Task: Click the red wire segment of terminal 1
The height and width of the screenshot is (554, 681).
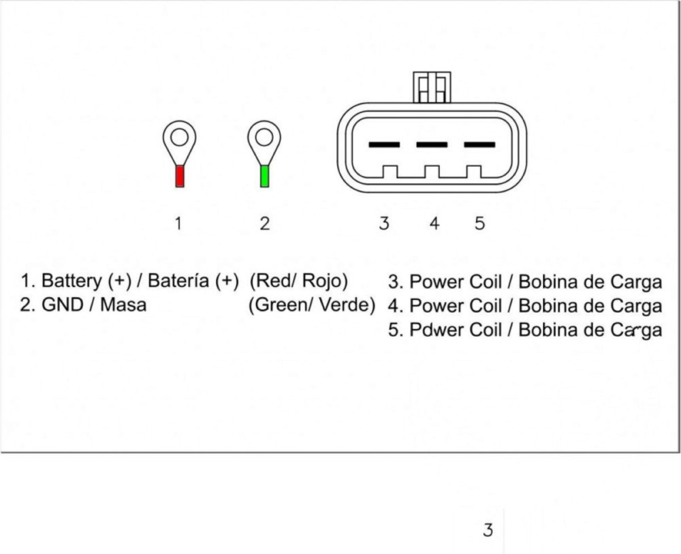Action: [x=180, y=176]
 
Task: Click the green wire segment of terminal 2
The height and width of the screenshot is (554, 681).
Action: [x=265, y=176]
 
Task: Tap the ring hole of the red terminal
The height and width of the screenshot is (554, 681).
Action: [x=179, y=138]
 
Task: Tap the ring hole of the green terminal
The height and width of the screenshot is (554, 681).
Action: [x=264, y=138]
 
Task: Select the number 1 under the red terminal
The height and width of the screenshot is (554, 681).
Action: [x=178, y=223]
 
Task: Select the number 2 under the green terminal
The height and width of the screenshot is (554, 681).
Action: [x=264, y=223]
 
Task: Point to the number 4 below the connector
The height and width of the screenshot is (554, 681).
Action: [x=434, y=223]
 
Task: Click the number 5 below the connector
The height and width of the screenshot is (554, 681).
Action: [x=480, y=223]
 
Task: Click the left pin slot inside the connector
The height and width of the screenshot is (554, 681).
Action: [x=384, y=144]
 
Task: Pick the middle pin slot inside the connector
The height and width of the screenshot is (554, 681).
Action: [x=432, y=144]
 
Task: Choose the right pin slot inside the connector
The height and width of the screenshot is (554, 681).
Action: [x=479, y=144]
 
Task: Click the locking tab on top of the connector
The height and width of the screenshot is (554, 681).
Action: [x=432, y=87]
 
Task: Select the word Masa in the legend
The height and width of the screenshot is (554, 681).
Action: [x=123, y=305]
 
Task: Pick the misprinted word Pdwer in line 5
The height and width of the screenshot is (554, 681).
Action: [x=434, y=330]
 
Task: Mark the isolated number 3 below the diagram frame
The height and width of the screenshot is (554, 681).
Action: [x=488, y=529]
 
